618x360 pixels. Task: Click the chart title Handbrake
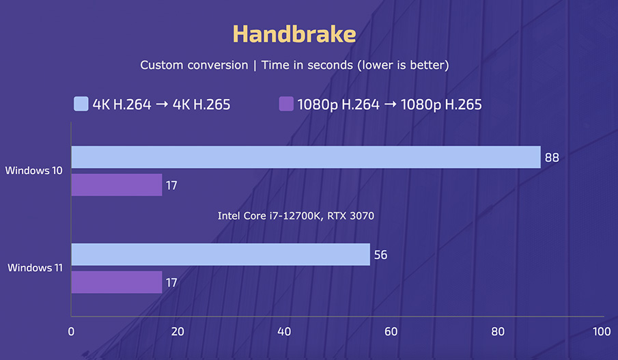click(x=294, y=34)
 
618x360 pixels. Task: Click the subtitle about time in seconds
click(x=294, y=65)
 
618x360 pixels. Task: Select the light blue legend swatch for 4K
click(x=81, y=105)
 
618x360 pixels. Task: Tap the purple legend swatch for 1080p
click(x=286, y=105)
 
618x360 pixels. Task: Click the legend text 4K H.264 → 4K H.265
click(x=161, y=105)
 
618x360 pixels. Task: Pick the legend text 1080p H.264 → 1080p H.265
click(x=389, y=105)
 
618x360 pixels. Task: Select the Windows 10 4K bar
click(x=305, y=157)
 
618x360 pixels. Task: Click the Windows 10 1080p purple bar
click(x=116, y=185)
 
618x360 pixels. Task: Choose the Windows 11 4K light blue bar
click(x=220, y=255)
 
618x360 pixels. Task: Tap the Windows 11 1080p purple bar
click(x=116, y=282)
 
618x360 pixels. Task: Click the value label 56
click(x=381, y=255)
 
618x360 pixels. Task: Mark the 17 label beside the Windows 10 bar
click(x=171, y=185)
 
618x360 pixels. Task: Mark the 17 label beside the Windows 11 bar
click(x=171, y=282)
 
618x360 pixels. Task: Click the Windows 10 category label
click(x=34, y=171)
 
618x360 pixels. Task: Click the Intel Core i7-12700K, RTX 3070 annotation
click(x=296, y=216)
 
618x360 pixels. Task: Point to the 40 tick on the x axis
click(x=284, y=332)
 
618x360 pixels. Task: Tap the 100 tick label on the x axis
click(x=602, y=332)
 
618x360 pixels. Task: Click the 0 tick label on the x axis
click(x=71, y=332)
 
